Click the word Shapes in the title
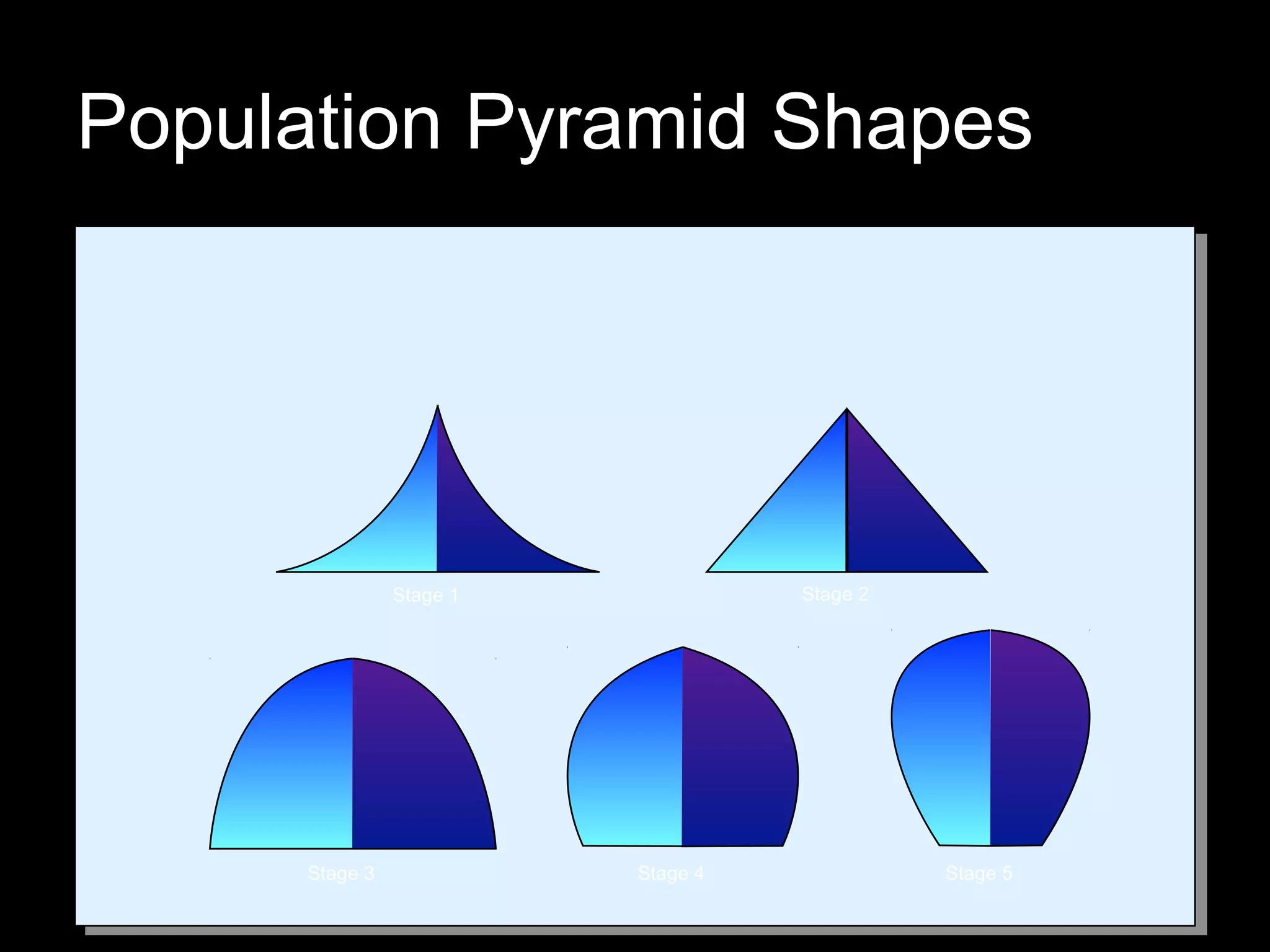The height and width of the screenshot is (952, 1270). click(902, 124)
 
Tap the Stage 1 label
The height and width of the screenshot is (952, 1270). click(425, 596)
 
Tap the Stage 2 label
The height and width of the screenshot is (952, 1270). click(835, 594)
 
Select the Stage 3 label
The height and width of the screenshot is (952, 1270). click(341, 873)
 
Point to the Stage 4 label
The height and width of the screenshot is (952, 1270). click(670, 873)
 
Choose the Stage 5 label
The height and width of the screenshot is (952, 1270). click(979, 873)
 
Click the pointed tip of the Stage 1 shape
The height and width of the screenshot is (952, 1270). click(438, 407)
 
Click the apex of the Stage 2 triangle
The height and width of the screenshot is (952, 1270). click(847, 409)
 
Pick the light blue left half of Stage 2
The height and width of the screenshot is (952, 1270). click(800, 527)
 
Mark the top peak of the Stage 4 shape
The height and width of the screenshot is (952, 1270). click(683, 648)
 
